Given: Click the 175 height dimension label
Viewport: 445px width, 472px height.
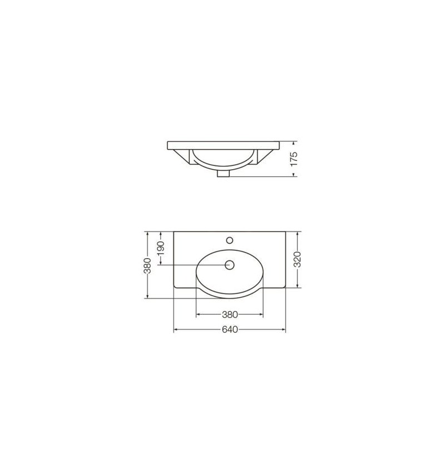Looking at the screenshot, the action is [x=294, y=159].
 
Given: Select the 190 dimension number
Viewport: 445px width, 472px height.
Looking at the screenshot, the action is [x=161, y=248].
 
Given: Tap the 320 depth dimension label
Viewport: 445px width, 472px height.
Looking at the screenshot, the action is [x=297, y=259].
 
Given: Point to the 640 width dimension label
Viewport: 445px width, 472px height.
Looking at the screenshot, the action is [x=230, y=330].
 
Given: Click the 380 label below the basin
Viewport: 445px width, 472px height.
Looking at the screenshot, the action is [x=230, y=314].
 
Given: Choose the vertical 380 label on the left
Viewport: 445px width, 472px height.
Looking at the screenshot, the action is [x=147, y=265].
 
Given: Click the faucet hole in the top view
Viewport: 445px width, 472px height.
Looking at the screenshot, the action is [x=230, y=240].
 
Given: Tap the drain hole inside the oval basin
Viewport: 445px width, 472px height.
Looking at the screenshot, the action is [x=230, y=265].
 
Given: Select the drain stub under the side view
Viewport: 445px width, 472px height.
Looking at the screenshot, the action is [x=223, y=174].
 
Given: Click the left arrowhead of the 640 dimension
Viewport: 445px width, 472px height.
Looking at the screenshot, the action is [x=176, y=330].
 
